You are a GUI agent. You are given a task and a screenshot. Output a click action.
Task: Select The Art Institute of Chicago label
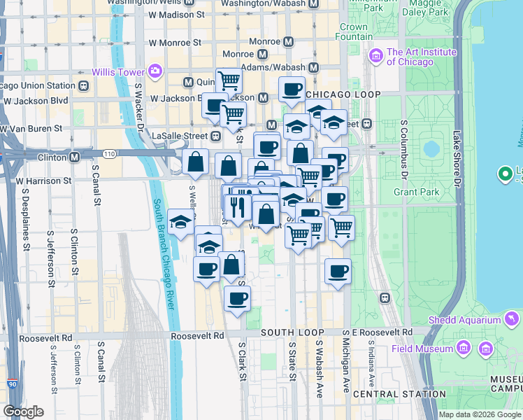[x=422, y=57]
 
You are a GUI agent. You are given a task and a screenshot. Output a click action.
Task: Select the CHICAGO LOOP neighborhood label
[x=343, y=94]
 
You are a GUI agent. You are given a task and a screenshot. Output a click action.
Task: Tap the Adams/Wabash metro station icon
[x=313, y=68]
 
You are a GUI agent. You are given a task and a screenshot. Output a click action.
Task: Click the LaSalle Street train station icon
[x=216, y=135]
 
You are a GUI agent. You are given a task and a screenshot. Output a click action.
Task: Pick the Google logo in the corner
[x=23, y=412]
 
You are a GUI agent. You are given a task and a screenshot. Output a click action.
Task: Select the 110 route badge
[x=108, y=153]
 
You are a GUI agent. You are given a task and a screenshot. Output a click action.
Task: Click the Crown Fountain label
[x=354, y=31]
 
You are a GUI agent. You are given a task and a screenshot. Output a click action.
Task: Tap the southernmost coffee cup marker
[x=237, y=299]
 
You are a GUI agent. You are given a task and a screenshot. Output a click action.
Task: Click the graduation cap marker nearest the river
[x=181, y=224]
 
